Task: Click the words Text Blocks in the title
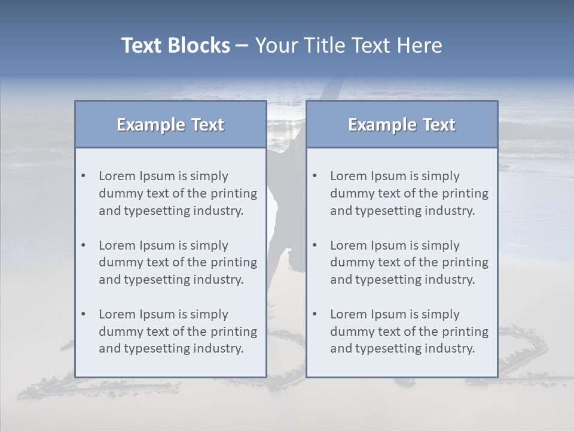pyautogui.click(x=176, y=45)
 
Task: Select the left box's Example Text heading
pyautogui.click(x=170, y=125)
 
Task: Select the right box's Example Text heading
pyautogui.click(x=402, y=125)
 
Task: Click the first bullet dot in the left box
pyautogui.click(x=83, y=176)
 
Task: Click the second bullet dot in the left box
pyautogui.click(x=83, y=245)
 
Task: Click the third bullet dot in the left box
pyautogui.click(x=83, y=314)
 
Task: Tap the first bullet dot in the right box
pyautogui.click(x=315, y=176)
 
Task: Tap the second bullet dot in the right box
pyautogui.click(x=315, y=245)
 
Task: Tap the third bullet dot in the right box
pyautogui.click(x=315, y=314)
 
